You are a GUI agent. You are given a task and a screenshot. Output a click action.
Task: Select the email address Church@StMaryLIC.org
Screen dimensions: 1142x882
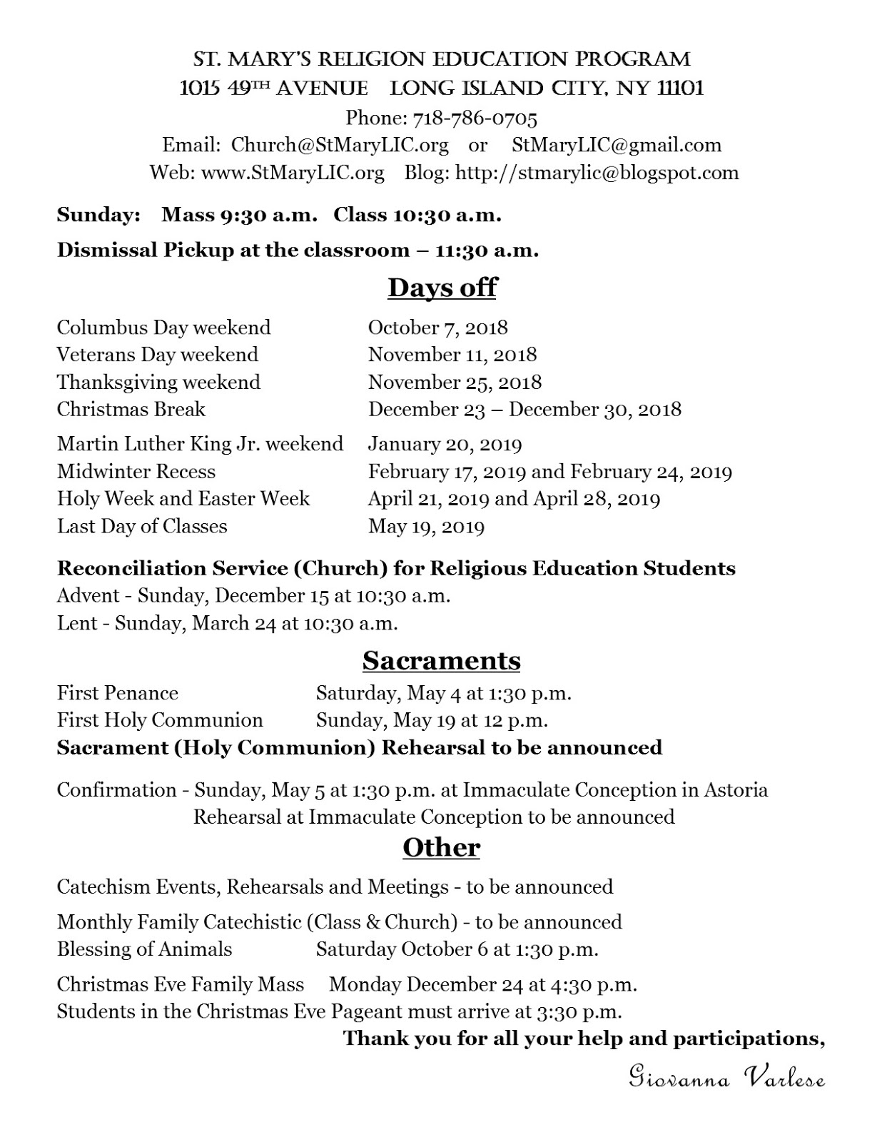340,145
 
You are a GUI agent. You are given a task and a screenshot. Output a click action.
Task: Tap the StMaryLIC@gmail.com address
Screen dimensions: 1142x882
617,145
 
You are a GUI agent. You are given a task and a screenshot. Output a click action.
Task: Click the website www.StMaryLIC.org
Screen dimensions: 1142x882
293,173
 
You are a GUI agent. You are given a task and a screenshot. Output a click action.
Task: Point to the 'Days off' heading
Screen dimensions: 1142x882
442,288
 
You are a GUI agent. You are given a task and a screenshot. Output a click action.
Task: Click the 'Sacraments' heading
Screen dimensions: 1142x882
441,660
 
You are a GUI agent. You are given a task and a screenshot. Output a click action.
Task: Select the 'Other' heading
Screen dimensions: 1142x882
441,847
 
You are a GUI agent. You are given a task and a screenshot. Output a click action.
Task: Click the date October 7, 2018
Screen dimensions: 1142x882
437,328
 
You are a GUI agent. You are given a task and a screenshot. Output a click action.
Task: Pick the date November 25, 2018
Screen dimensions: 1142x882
455,383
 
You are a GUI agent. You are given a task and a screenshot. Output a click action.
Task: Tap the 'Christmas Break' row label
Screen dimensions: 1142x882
131,410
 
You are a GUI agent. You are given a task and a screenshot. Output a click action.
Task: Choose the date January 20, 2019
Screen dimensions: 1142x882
445,445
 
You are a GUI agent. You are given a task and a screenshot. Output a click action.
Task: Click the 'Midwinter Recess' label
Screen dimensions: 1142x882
136,472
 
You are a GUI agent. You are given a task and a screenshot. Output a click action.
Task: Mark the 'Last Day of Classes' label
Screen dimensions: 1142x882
142,527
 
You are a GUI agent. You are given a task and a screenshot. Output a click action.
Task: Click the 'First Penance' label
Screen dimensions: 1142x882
118,693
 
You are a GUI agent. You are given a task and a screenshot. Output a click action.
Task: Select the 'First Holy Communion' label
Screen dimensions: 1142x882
160,720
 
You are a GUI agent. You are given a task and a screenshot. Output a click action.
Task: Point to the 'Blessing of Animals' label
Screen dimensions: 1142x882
144,949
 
